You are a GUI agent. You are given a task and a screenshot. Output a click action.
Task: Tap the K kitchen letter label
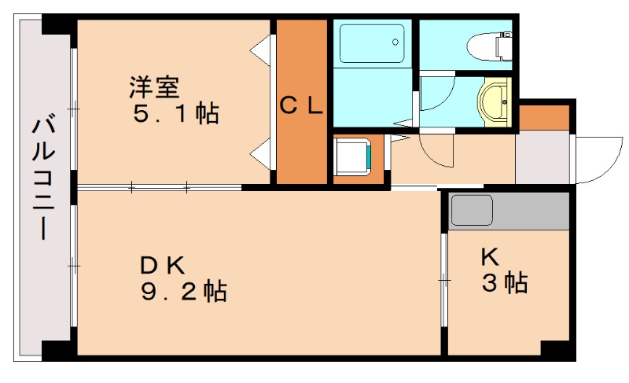(490, 256)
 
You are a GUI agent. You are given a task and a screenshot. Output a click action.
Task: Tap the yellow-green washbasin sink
(494, 101)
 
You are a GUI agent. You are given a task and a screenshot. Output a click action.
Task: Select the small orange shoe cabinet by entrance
(543, 116)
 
